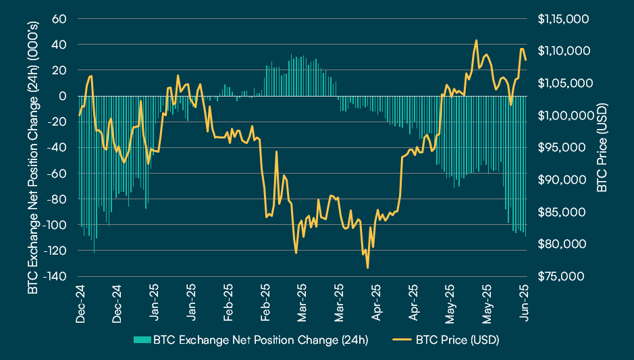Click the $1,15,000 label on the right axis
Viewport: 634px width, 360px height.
(x=564, y=18)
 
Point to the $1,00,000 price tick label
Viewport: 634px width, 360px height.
(x=564, y=115)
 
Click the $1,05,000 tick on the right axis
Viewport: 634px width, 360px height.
(x=564, y=83)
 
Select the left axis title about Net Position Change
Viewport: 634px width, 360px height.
(x=32, y=147)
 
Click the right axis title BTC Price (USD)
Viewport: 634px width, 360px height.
(x=602, y=147)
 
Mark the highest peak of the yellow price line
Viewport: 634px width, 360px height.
(x=477, y=41)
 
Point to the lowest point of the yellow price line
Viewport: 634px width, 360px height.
(x=368, y=268)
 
